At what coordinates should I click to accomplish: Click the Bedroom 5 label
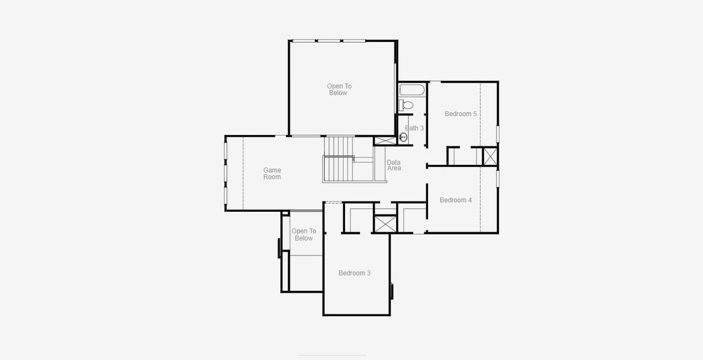click(460, 113)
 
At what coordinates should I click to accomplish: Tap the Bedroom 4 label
click(456, 200)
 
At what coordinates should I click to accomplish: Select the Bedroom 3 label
click(354, 273)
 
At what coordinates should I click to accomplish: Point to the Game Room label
click(272, 173)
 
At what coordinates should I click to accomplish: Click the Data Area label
click(394, 165)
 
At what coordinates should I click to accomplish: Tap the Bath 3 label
click(414, 128)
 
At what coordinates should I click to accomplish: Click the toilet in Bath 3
click(406, 105)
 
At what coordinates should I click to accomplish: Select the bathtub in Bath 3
click(412, 91)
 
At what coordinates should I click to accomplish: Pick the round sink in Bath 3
click(403, 137)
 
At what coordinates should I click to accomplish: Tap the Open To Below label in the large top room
click(339, 89)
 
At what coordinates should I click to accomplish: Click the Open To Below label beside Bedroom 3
click(304, 235)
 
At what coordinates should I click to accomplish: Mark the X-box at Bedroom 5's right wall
click(490, 156)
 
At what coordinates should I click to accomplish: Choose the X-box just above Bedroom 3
click(385, 224)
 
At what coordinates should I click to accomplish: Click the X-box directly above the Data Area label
click(384, 141)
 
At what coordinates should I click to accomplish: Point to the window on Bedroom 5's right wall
click(498, 133)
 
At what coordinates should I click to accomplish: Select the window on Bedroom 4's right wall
click(498, 178)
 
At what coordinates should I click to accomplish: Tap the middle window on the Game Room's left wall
click(226, 173)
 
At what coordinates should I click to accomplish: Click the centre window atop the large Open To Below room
click(328, 41)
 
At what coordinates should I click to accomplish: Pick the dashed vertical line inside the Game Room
click(243, 173)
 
